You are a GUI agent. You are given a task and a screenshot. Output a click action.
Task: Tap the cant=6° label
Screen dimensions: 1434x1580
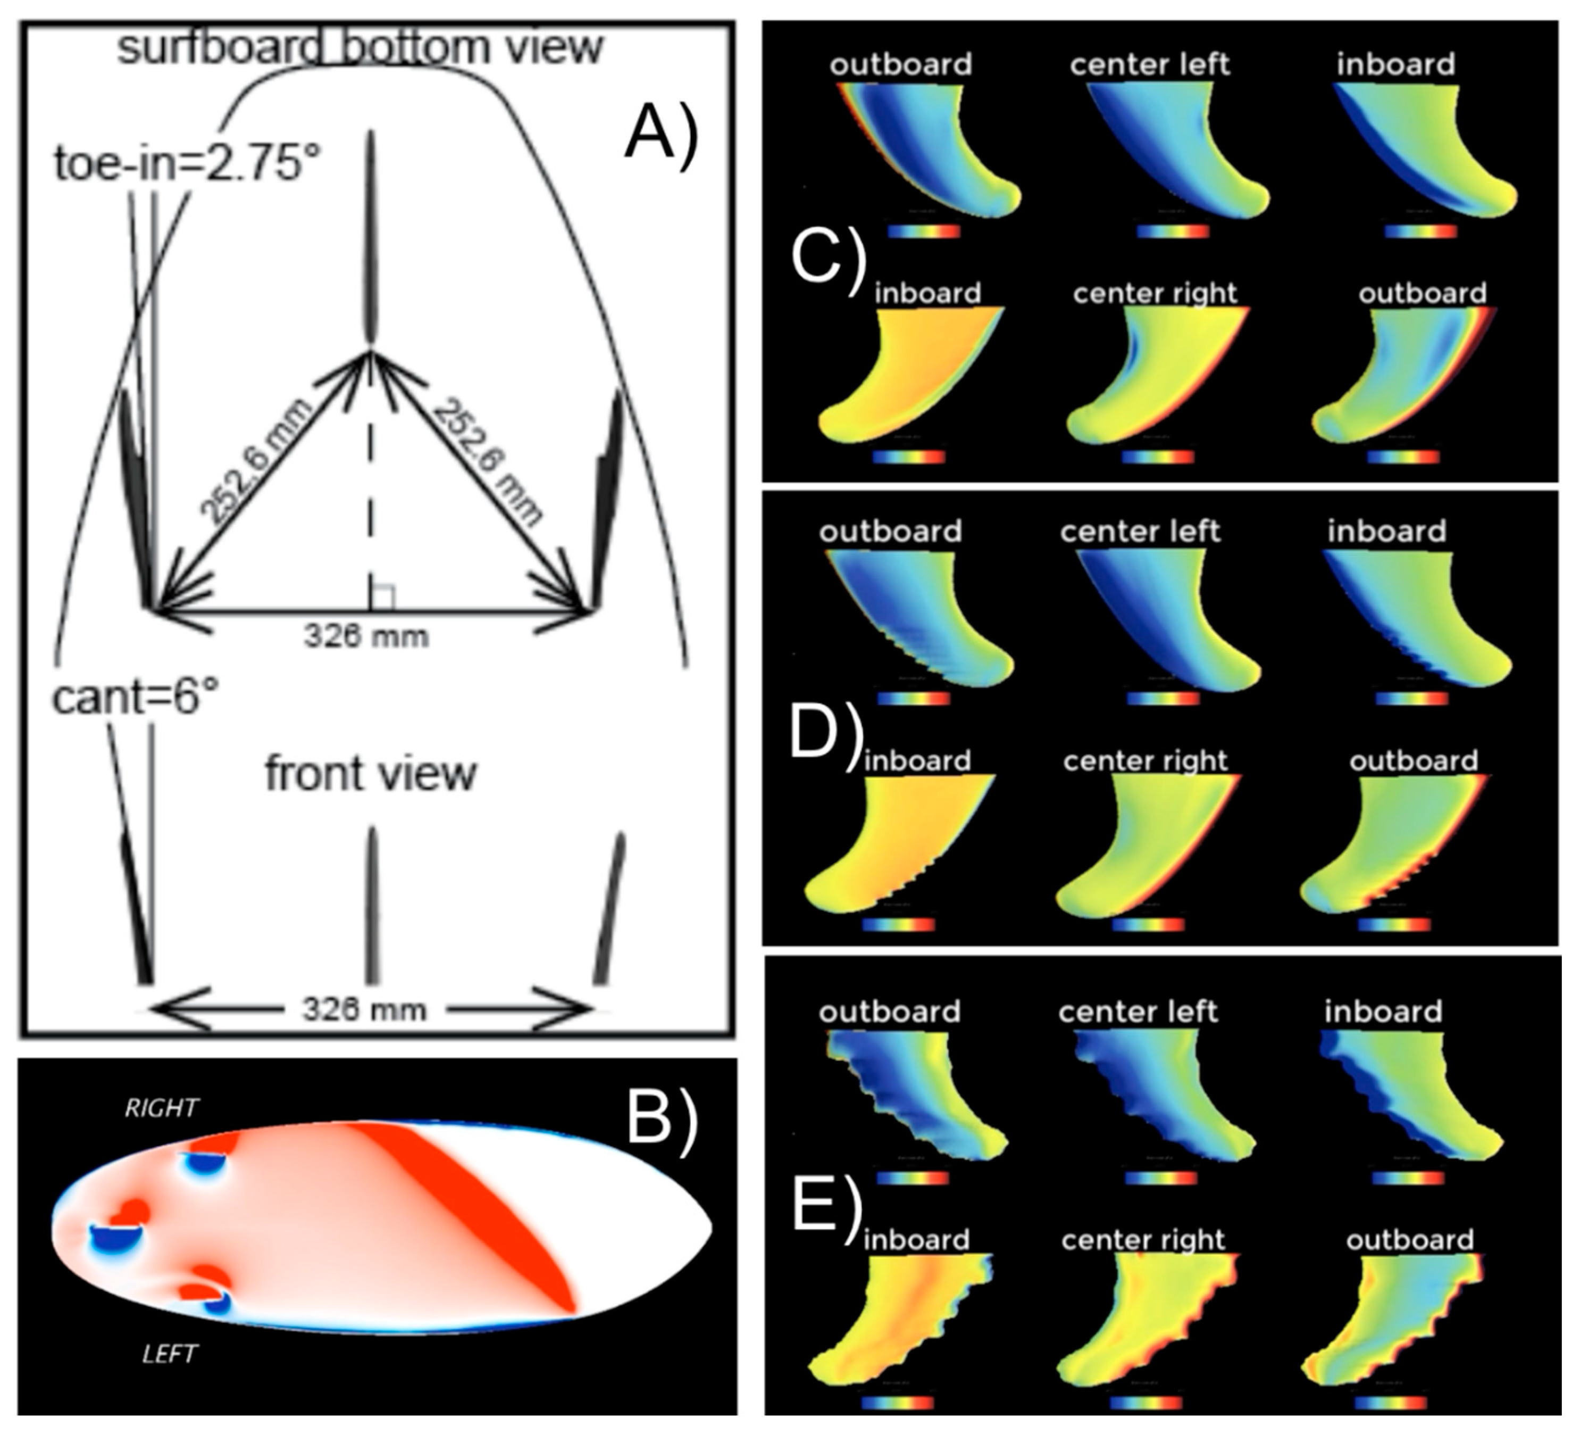click(135, 696)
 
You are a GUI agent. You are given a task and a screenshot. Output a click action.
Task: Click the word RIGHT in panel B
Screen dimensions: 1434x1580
click(162, 1107)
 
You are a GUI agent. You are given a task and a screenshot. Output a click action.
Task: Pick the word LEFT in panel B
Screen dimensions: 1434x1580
click(170, 1354)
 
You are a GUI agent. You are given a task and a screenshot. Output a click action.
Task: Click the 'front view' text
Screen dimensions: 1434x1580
click(370, 774)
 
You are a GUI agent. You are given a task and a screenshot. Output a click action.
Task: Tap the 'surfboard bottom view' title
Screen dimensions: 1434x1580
click(361, 47)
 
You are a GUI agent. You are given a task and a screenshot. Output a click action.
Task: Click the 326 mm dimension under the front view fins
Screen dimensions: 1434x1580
click(365, 1010)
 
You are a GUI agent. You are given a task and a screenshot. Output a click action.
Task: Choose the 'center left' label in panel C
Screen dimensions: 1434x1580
click(1150, 64)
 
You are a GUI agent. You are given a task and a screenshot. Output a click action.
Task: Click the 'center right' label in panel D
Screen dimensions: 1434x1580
click(1145, 760)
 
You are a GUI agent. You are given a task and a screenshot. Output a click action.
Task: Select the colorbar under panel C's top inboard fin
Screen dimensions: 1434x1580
click(1420, 231)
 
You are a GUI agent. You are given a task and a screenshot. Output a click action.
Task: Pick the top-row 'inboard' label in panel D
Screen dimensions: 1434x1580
click(1386, 531)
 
